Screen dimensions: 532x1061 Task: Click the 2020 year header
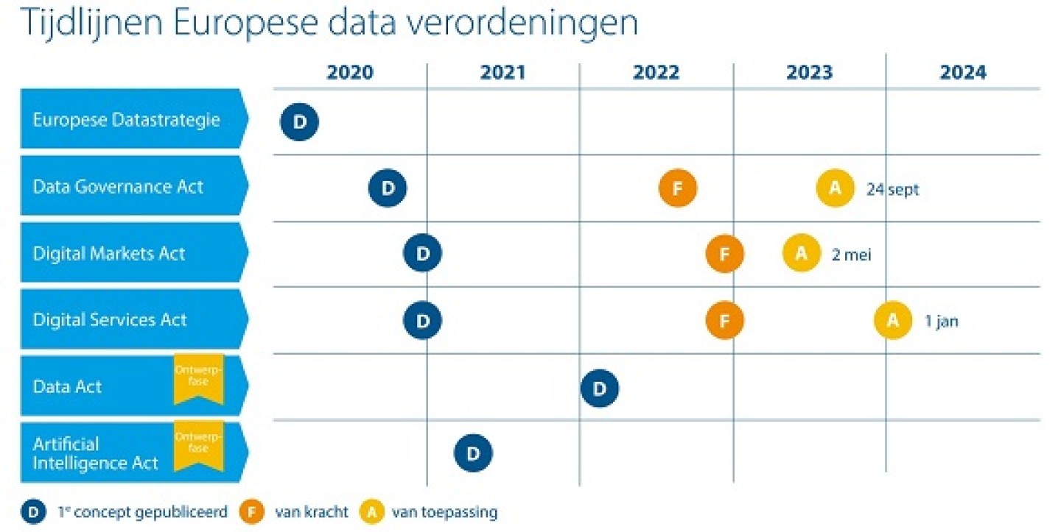(350, 73)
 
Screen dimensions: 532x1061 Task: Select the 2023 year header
(809, 73)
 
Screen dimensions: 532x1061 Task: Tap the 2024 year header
(962, 73)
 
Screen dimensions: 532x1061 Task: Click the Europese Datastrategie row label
(127, 119)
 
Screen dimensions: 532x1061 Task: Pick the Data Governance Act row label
(118, 186)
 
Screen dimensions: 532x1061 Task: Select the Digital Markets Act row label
(109, 254)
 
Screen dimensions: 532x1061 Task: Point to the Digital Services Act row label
(110, 320)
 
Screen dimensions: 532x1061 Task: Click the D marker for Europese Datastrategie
(299, 121)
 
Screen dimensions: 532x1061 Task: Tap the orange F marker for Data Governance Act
(678, 188)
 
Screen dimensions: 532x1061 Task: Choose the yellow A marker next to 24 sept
(835, 188)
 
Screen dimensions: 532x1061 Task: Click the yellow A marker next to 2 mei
(802, 254)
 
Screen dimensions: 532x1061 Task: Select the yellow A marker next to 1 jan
(893, 321)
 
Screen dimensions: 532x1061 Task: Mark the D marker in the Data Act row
(600, 388)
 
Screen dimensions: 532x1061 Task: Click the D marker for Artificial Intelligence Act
(473, 453)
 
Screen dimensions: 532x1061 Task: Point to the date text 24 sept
(893, 189)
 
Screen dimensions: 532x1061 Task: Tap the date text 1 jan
(942, 322)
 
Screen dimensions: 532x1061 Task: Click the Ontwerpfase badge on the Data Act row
(198, 378)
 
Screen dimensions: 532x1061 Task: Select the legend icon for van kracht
(253, 512)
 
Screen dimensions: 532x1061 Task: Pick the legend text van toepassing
(444, 512)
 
